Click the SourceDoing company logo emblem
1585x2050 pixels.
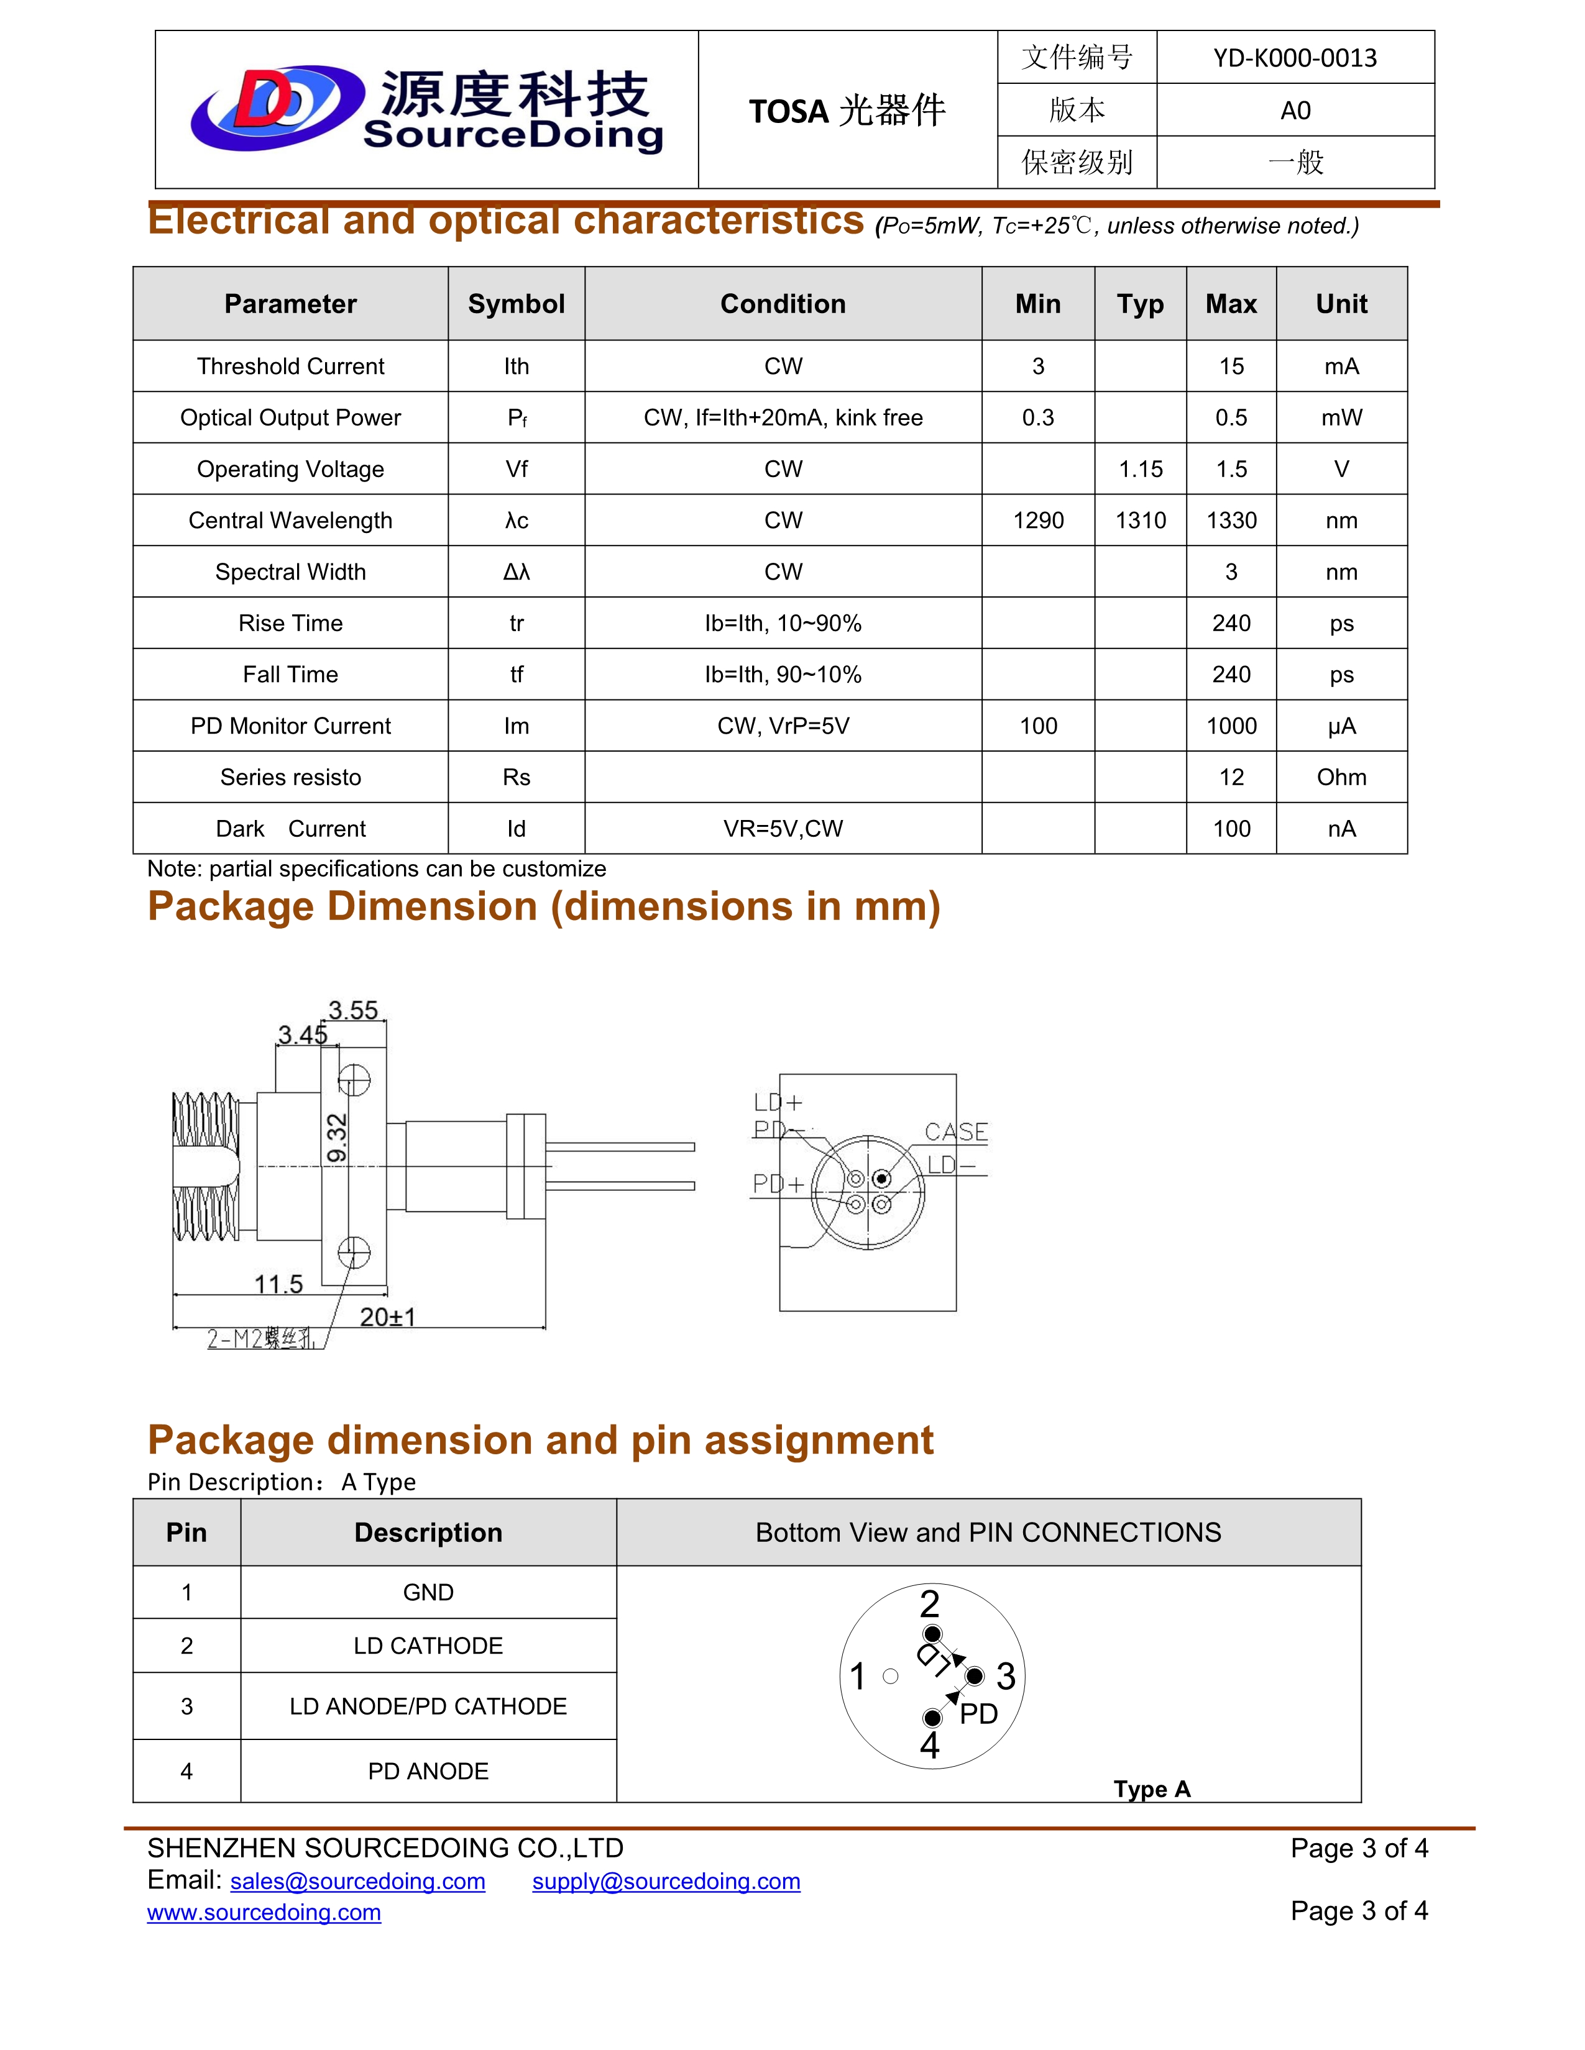pos(277,108)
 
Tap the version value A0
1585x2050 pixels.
pos(1294,111)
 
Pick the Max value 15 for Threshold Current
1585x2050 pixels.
pos(1230,366)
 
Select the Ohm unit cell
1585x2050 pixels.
pos(1340,777)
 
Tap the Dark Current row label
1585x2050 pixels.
pos(290,829)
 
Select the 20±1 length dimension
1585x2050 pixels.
pos(387,1317)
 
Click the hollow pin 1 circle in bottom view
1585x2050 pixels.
pos(890,1675)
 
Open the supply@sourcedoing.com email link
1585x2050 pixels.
pos(666,1881)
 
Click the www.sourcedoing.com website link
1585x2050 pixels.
pos(264,1912)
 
